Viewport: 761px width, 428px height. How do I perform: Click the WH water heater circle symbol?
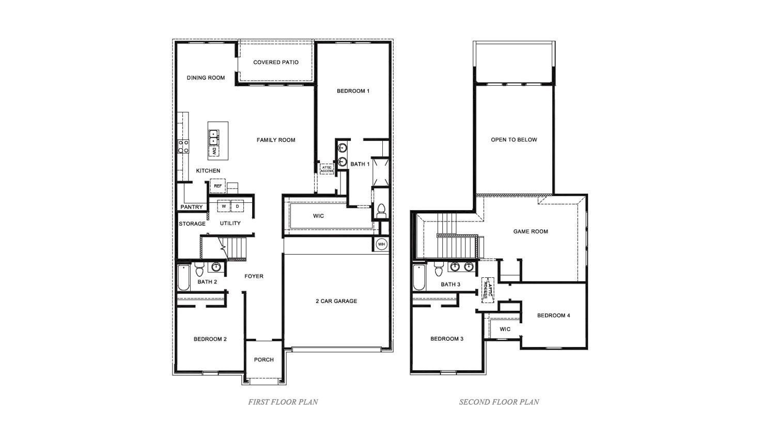(381, 244)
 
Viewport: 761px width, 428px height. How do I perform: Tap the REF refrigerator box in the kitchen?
(218, 186)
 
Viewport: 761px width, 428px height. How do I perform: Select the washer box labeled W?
(224, 207)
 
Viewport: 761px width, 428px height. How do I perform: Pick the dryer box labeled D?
(238, 207)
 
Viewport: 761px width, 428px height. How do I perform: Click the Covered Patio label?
(276, 62)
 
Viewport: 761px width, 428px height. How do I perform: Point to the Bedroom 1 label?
(353, 91)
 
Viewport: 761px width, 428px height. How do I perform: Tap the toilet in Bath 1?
(382, 210)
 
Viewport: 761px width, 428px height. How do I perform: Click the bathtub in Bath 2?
(183, 278)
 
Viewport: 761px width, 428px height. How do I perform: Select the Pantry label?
(192, 207)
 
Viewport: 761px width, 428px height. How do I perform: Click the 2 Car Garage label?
(336, 301)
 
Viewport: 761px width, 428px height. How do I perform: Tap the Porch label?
(264, 360)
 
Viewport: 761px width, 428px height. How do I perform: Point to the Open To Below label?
(514, 140)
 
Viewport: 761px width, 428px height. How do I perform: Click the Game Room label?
(531, 232)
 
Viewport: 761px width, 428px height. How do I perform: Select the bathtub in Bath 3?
(418, 278)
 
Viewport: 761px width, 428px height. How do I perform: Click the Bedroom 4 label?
(553, 315)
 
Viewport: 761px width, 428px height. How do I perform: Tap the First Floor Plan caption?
(283, 402)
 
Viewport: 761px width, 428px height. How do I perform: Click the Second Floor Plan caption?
(499, 402)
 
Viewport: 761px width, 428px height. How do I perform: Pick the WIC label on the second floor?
(505, 329)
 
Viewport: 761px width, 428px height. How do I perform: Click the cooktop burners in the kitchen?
(183, 146)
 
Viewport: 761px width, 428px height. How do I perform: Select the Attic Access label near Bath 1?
(327, 169)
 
